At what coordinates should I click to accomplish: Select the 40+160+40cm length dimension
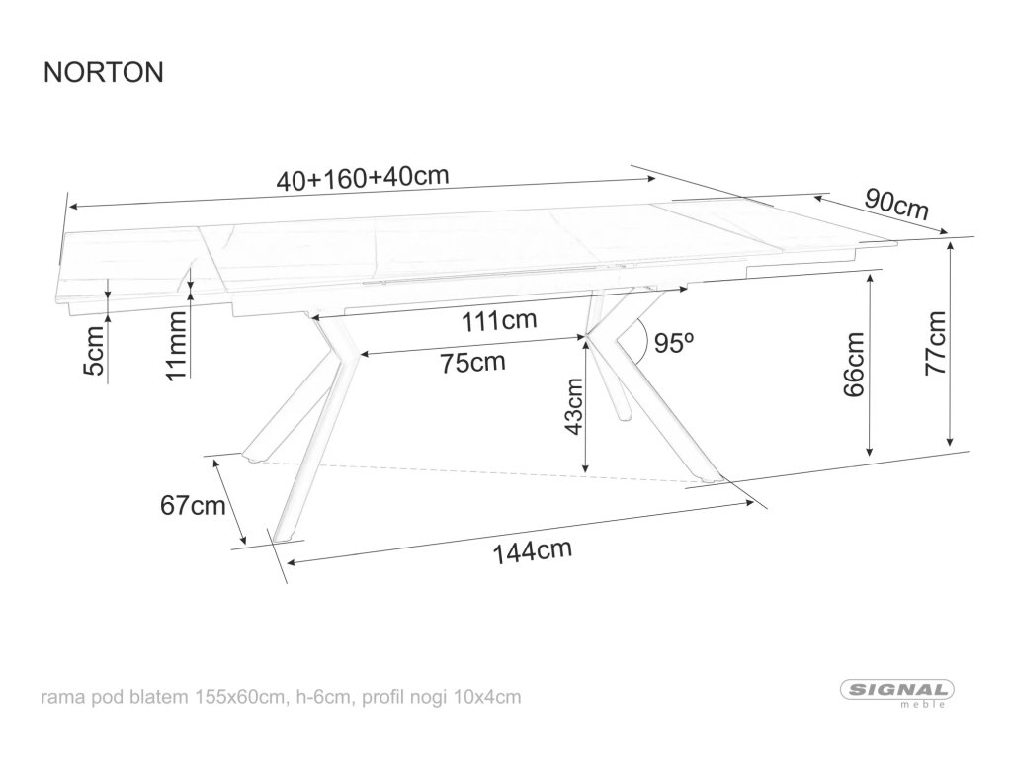click(363, 178)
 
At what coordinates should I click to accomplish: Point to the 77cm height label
click(935, 342)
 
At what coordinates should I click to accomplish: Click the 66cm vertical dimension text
click(854, 364)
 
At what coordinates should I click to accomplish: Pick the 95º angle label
click(675, 343)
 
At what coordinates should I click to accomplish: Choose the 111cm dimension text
click(500, 320)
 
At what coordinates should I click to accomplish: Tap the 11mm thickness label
click(176, 345)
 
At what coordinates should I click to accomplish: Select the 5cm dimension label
click(93, 351)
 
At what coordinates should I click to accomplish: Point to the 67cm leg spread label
click(192, 506)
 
